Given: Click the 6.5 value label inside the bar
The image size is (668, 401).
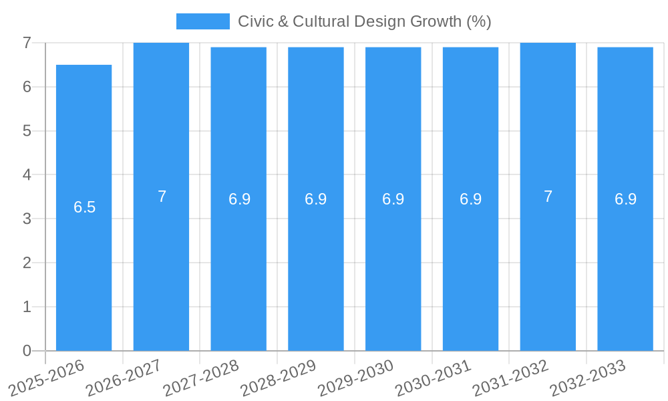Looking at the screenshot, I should point(85,207).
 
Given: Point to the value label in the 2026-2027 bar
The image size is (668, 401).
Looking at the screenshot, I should point(162,196).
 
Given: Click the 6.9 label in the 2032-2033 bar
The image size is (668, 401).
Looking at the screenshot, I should point(625,199).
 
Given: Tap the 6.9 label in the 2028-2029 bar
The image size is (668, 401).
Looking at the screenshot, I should point(315,199).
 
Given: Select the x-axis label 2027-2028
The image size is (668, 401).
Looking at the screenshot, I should point(201,378).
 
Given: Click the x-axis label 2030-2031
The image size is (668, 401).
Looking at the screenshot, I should point(433,378).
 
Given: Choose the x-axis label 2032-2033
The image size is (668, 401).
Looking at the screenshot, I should point(588,378).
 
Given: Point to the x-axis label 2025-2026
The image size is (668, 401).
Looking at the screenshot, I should point(47,378).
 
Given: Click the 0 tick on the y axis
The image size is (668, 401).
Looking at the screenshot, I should point(27,351).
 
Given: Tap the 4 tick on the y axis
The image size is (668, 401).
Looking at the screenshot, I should point(27,174).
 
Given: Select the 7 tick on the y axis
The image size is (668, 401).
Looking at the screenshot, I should point(27,43).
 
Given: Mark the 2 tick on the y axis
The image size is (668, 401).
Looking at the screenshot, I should point(27,263).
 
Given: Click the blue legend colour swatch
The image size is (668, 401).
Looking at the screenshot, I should point(202,21).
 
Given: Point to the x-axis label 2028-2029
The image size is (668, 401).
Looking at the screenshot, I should point(279,378).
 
